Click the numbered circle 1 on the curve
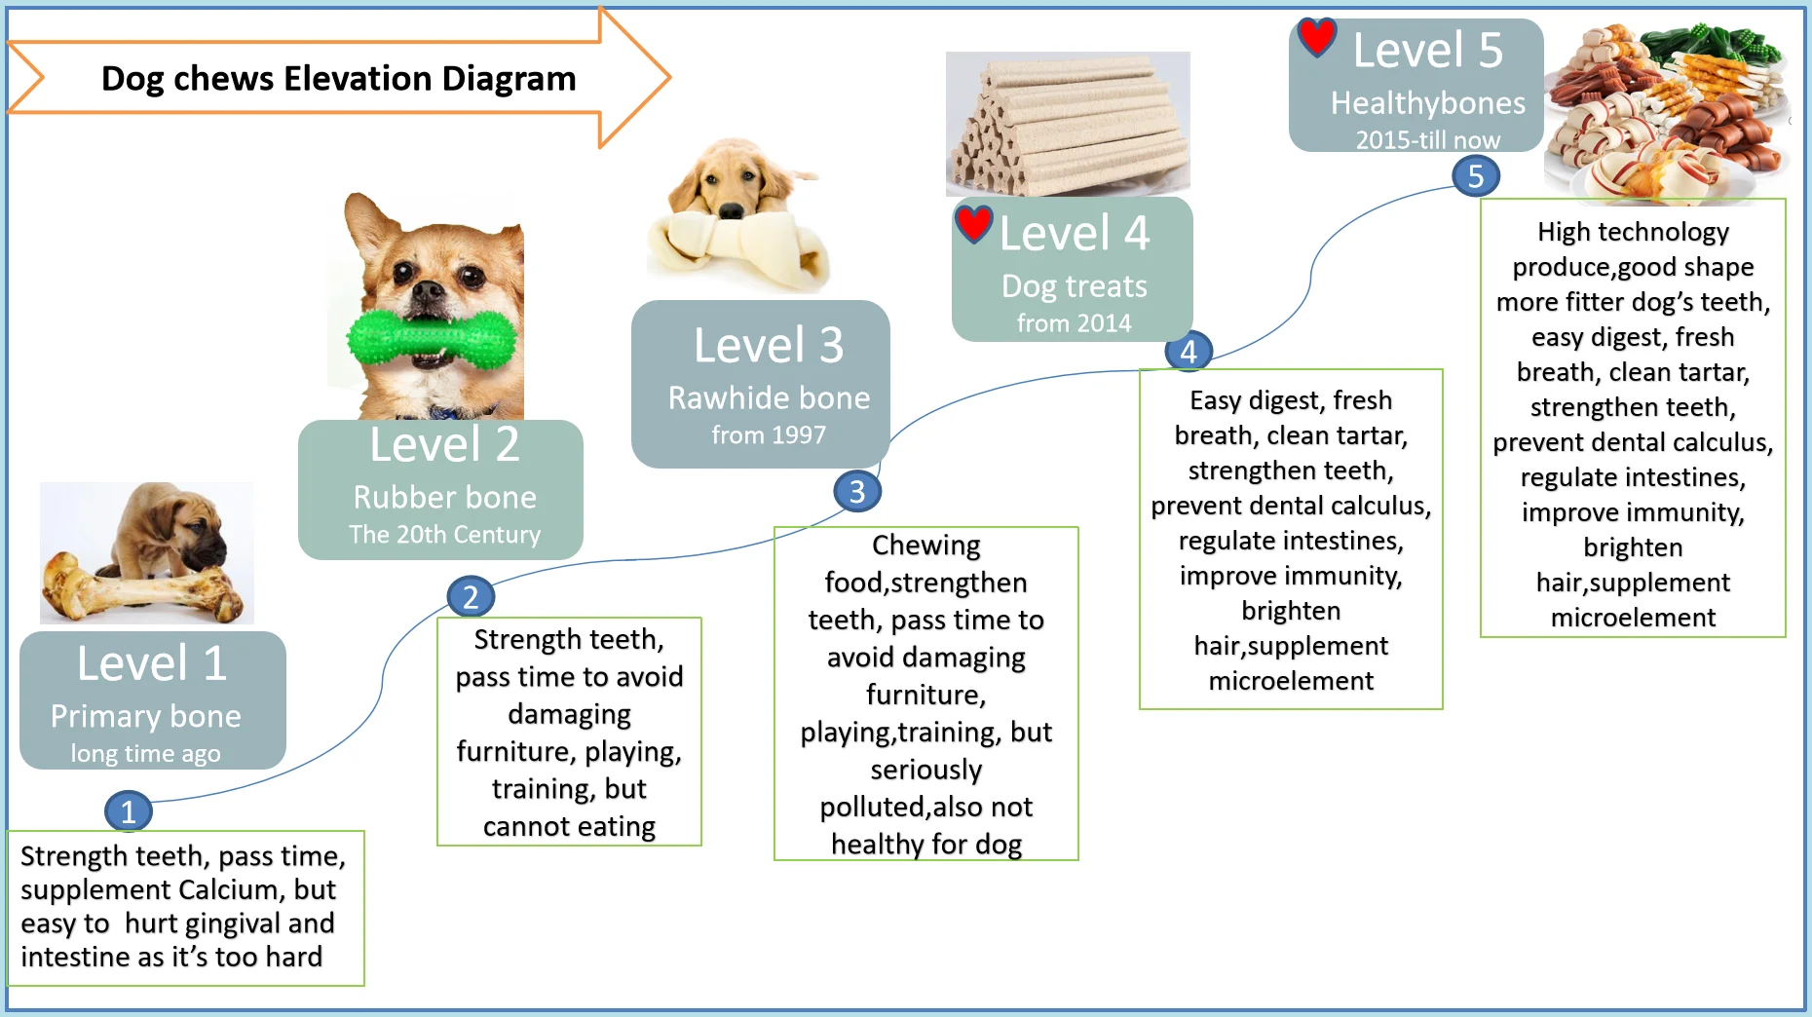(x=128, y=811)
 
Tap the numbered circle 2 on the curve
(x=471, y=596)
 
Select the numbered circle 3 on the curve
(x=857, y=491)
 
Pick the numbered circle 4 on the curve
(x=1189, y=352)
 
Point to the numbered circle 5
(x=1476, y=176)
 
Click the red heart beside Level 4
(x=973, y=223)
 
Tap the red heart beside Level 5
(x=1316, y=36)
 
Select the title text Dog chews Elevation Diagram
(x=338, y=78)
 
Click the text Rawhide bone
(x=769, y=397)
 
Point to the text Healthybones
(x=1427, y=103)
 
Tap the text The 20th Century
(x=444, y=535)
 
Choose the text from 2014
(x=1074, y=323)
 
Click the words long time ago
(x=145, y=753)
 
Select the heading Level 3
(x=769, y=345)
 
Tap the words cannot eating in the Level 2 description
(x=569, y=826)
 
